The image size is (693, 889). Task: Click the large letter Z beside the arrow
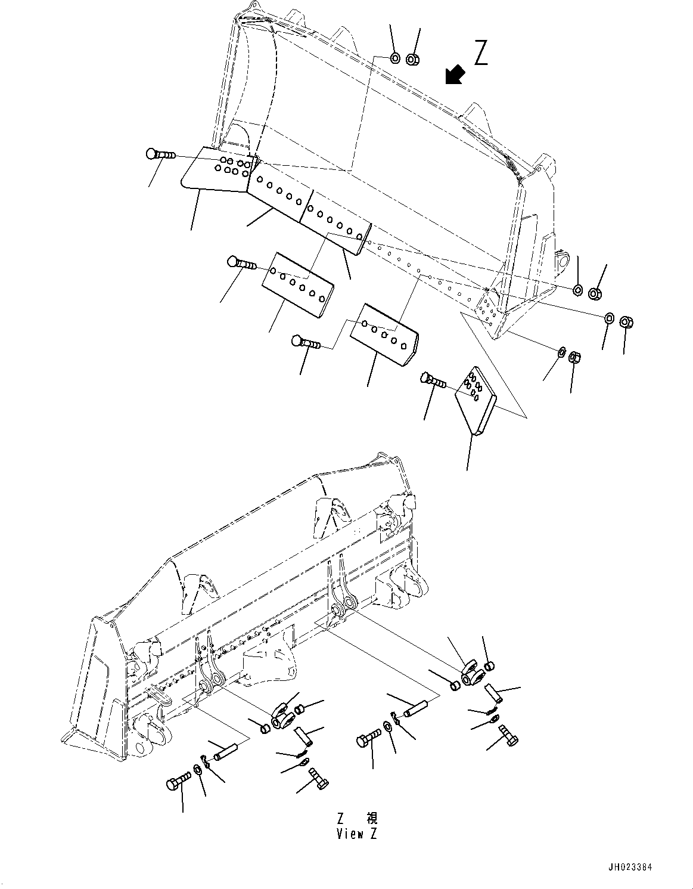[481, 52]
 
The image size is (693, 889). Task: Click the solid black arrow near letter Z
[456, 75]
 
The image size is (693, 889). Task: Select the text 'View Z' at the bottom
[356, 834]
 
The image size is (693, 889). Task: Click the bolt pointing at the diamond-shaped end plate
[433, 380]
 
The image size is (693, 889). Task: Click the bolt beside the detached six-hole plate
[241, 262]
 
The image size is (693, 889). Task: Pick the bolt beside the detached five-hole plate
[306, 343]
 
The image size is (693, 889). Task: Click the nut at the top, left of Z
[413, 59]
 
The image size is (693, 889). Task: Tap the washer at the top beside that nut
[395, 58]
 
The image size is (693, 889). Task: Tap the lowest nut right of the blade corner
[575, 358]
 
